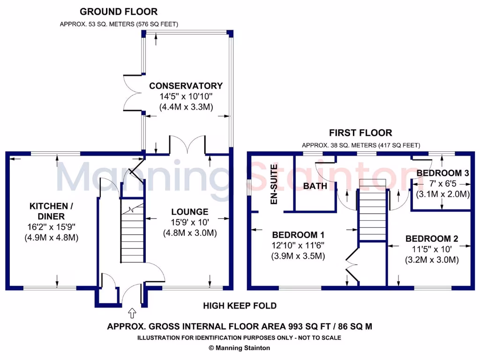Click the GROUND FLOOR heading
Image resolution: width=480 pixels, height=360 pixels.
tap(119, 12)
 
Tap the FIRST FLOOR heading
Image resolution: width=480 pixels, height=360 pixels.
tap(360, 133)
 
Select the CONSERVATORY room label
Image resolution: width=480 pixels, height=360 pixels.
tap(186, 86)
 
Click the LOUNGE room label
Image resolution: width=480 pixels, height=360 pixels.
tap(189, 212)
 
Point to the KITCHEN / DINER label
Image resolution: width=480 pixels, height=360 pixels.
tap(52, 211)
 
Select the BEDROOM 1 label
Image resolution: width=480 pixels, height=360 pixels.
tap(298, 235)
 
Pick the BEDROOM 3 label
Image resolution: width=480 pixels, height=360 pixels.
tap(442, 173)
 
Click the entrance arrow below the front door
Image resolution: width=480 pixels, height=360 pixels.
tap(132, 312)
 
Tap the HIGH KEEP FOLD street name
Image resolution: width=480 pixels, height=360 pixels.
tap(240, 306)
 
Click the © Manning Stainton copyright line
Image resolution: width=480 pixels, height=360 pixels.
tap(239, 348)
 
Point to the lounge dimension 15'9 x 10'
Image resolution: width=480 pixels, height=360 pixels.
tap(189, 222)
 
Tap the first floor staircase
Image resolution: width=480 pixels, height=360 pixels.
tap(372, 211)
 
